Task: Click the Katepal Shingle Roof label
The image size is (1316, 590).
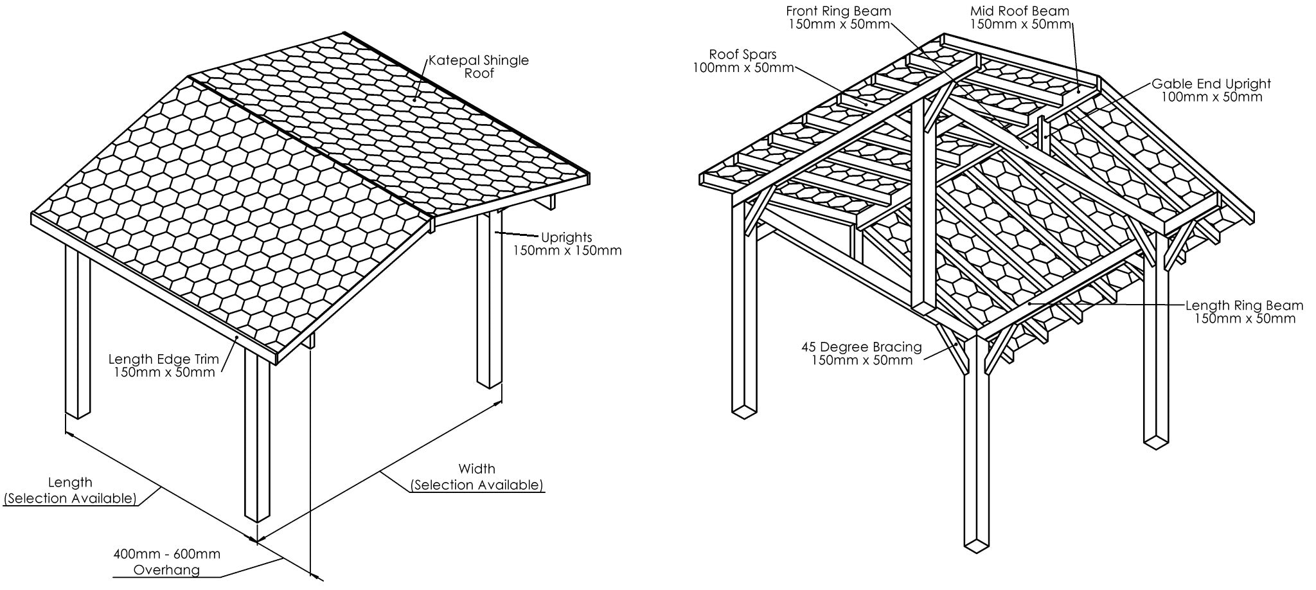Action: tap(479, 67)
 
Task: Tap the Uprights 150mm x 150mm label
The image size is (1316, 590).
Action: tap(566, 244)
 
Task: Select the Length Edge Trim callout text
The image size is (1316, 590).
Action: tap(164, 365)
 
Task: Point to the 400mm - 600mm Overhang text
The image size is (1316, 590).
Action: tap(166, 561)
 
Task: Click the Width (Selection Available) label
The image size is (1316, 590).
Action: tap(477, 477)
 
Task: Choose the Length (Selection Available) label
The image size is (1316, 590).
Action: tap(70, 490)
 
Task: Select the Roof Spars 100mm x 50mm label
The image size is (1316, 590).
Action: tap(743, 61)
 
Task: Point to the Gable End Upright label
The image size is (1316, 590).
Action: tap(1211, 90)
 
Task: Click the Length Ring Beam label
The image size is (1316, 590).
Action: tap(1244, 312)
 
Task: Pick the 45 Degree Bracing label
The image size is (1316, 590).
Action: tap(861, 353)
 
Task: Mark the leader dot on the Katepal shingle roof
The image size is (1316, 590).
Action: tap(416, 100)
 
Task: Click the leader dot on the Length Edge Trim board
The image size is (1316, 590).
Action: tap(236, 337)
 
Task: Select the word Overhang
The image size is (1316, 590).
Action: tap(166, 569)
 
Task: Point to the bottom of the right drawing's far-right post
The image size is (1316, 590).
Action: tap(1155, 442)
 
